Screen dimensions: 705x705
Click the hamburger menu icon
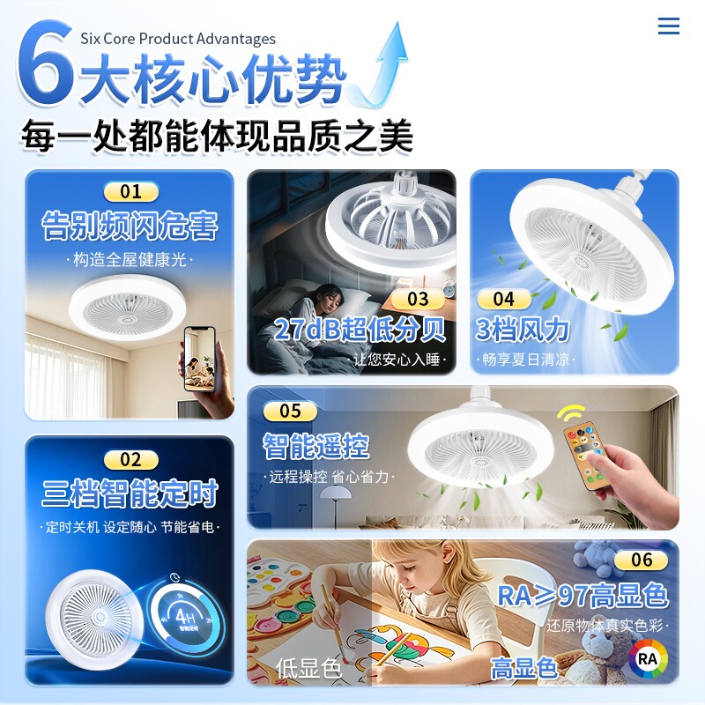tap(669, 26)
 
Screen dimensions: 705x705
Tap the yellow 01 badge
tap(130, 192)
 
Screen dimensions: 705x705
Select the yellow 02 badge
tap(130, 459)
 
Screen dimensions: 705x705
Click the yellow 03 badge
tap(418, 299)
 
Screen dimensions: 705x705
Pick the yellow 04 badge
tap(503, 299)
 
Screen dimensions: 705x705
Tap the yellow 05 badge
tap(290, 411)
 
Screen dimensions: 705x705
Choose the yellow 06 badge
tap(642, 560)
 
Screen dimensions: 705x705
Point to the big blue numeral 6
tap(45, 62)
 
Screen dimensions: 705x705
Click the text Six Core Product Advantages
tap(178, 39)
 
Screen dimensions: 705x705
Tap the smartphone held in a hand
tap(200, 359)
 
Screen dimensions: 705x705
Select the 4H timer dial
tap(187, 615)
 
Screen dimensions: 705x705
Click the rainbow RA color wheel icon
tap(648, 658)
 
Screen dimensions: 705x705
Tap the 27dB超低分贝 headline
tap(360, 329)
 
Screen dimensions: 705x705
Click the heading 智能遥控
tap(316, 446)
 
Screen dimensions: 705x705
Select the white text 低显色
tap(308, 668)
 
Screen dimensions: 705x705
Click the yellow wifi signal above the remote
tap(571, 412)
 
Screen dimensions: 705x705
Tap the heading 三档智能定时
tap(130, 493)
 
